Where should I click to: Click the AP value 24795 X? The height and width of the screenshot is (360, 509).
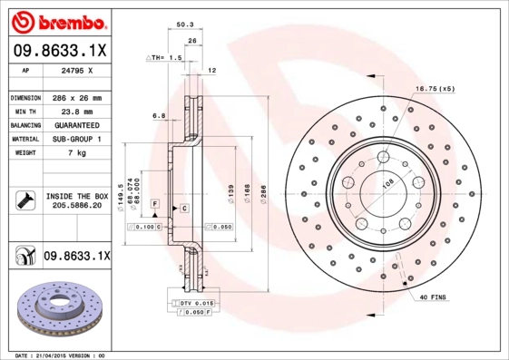coord(74,70)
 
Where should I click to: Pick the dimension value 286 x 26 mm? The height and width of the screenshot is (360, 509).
coord(76,97)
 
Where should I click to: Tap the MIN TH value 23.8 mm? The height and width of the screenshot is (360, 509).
coord(75,111)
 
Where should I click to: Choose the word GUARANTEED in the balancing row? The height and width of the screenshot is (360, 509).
coord(75,124)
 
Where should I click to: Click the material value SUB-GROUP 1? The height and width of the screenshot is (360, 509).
coord(75,139)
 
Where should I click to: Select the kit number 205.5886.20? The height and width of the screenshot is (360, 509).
coord(75,206)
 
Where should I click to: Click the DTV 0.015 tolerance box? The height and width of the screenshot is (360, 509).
coord(194,302)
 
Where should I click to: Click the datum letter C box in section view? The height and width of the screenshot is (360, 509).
coord(184,209)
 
